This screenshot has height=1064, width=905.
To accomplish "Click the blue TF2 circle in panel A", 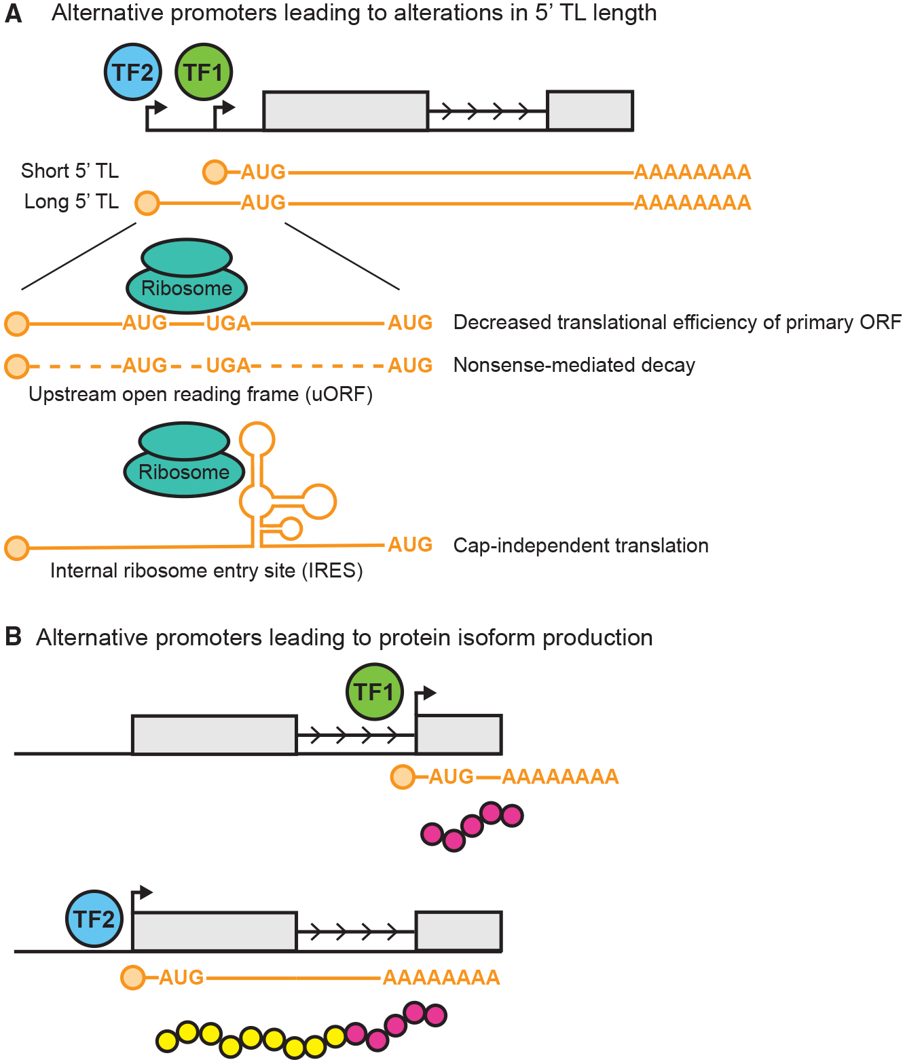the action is [x=133, y=72].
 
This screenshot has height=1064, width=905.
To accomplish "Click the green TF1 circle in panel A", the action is [x=204, y=72].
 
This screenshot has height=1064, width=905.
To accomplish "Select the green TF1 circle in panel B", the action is [x=375, y=691].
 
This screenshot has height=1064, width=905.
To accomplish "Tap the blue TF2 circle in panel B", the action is [x=94, y=919].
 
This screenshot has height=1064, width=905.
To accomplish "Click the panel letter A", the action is [x=14, y=14].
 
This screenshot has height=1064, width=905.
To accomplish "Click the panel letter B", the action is [x=13, y=636].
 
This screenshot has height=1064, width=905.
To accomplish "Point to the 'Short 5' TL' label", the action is [x=70, y=171].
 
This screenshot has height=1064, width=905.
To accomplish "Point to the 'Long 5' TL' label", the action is [x=71, y=202].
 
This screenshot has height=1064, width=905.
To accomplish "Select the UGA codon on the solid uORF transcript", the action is [x=228, y=323].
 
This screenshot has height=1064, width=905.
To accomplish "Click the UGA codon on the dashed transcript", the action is [x=228, y=366].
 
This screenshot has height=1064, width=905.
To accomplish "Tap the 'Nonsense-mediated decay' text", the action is [x=574, y=366].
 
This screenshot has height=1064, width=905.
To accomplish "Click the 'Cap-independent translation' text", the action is [x=581, y=546].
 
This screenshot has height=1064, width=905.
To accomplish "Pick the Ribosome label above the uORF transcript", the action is [x=187, y=288].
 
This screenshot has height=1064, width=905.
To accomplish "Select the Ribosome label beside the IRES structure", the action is [x=184, y=472].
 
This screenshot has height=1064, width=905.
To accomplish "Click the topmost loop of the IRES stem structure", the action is [x=257, y=439].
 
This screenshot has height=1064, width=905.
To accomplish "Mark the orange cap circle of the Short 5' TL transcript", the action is [x=215, y=172].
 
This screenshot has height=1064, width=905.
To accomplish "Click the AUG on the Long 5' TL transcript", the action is [x=263, y=203].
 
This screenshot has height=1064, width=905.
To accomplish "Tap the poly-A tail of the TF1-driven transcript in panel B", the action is [x=560, y=777].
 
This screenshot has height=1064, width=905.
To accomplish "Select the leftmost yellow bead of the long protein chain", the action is [x=168, y=1041].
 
